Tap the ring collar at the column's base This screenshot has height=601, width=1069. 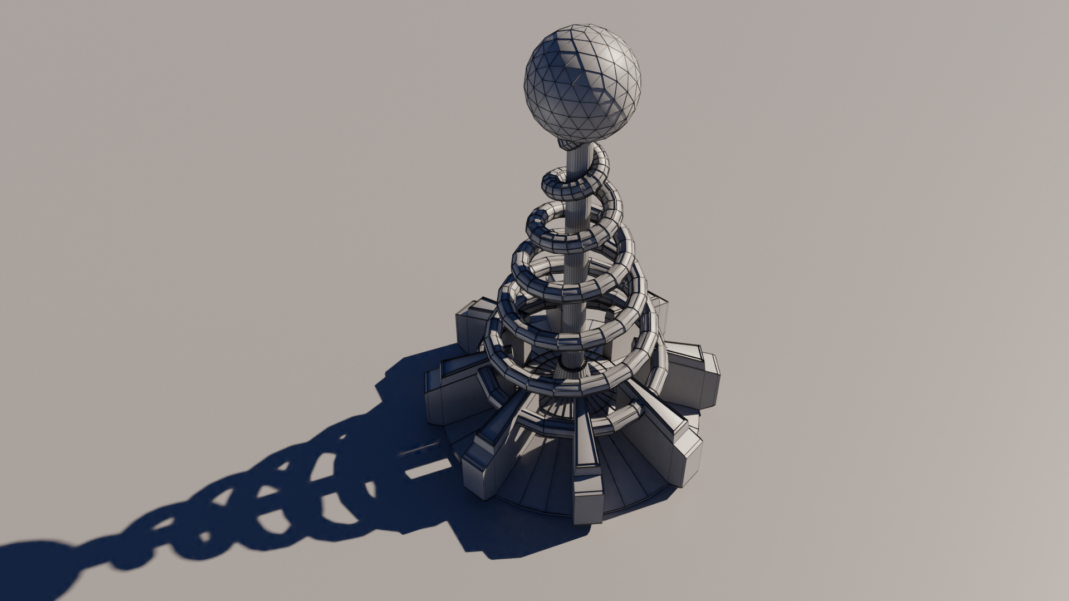coord(571,362)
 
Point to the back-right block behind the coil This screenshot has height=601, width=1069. coord(660,312)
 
